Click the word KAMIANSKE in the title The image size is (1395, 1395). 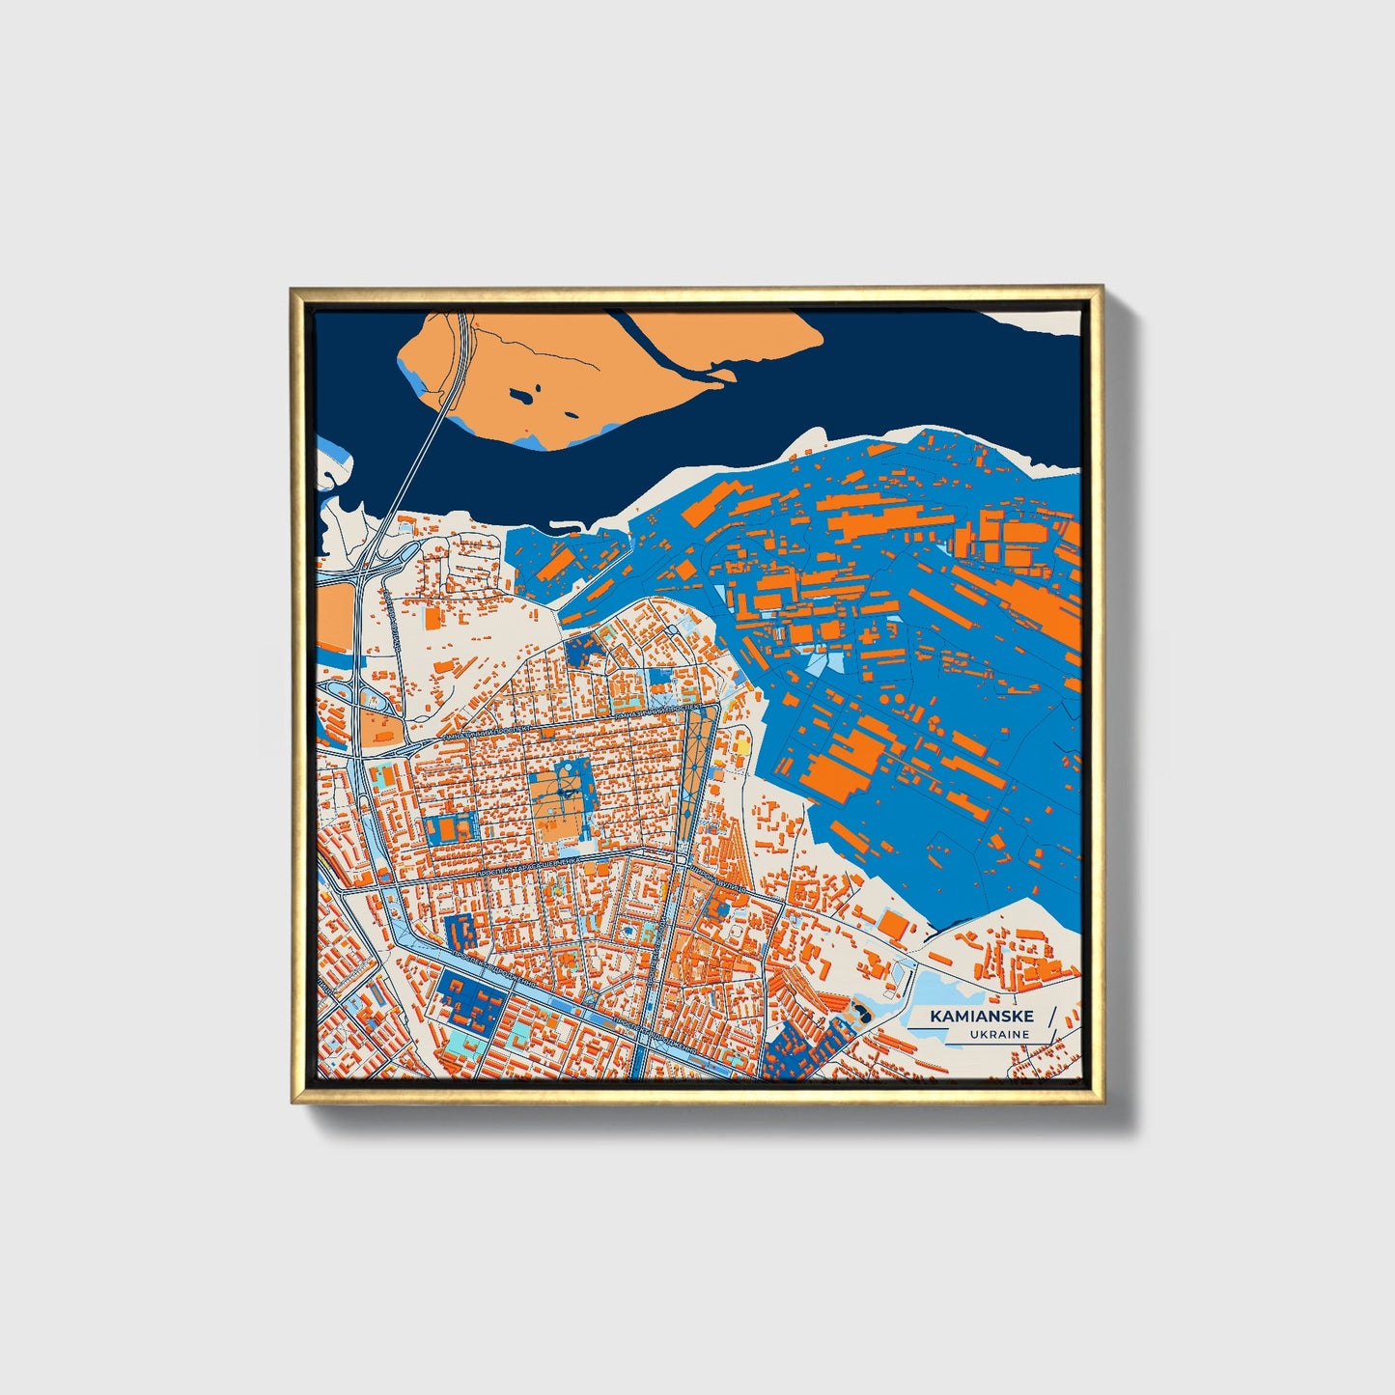[x=982, y=1017]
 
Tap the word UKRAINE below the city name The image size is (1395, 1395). [x=1000, y=1034]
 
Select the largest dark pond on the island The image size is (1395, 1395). [x=522, y=395]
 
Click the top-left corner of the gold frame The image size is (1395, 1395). [x=292, y=288]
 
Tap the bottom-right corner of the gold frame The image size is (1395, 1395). [x=1102, y=1102]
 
